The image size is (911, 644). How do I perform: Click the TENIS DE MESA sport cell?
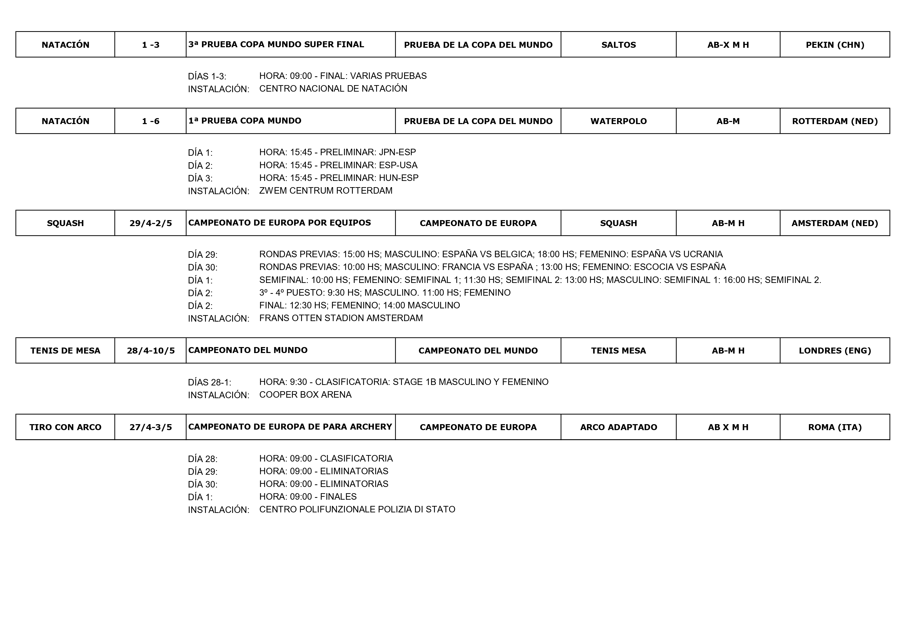(x=65, y=351)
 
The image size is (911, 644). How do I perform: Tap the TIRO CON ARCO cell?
(x=65, y=427)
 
